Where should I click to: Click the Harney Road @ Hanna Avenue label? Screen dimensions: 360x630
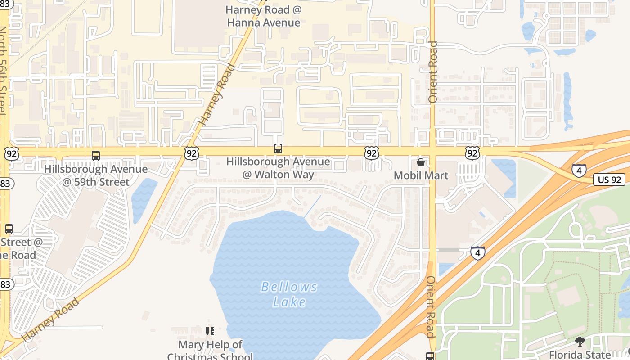pyautogui.click(x=263, y=16)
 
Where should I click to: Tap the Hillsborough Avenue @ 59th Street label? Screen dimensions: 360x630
pyautogui.click(x=96, y=175)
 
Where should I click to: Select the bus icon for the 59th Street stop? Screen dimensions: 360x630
pyautogui.click(x=96, y=156)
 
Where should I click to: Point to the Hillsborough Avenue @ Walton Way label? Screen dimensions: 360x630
pyautogui.click(x=278, y=168)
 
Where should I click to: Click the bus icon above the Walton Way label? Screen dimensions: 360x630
pyautogui.click(x=278, y=148)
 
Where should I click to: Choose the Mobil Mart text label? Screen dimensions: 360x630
pyautogui.click(x=421, y=175)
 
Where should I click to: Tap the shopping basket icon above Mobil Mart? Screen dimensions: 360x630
pyautogui.click(x=421, y=162)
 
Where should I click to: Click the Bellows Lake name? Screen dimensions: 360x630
pyautogui.click(x=289, y=294)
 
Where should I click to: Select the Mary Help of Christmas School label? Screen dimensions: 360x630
pyautogui.click(x=210, y=351)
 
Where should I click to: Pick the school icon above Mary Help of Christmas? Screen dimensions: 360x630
pyautogui.click(x=210, y=332)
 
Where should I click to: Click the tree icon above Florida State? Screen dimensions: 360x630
pyautogui.click(x=580, y=342)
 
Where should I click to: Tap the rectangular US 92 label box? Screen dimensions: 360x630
pyautogui.click(x=610, y=180)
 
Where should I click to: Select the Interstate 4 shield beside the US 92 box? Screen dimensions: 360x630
pyautogui.click(x=579, y=171)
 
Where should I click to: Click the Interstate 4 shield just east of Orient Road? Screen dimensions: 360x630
pyautogui.click(x=478, y=252)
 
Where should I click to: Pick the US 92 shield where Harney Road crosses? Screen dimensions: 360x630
pyautogui.click(x=191, y=153)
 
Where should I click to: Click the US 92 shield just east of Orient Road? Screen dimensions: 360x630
pyautogui.click(x=472, y=153)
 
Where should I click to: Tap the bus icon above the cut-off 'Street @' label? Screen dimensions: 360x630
pyautogui.click(x=9, y=229)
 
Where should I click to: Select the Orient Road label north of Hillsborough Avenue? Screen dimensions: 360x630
pyautogui.click(x=433, y=72)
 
